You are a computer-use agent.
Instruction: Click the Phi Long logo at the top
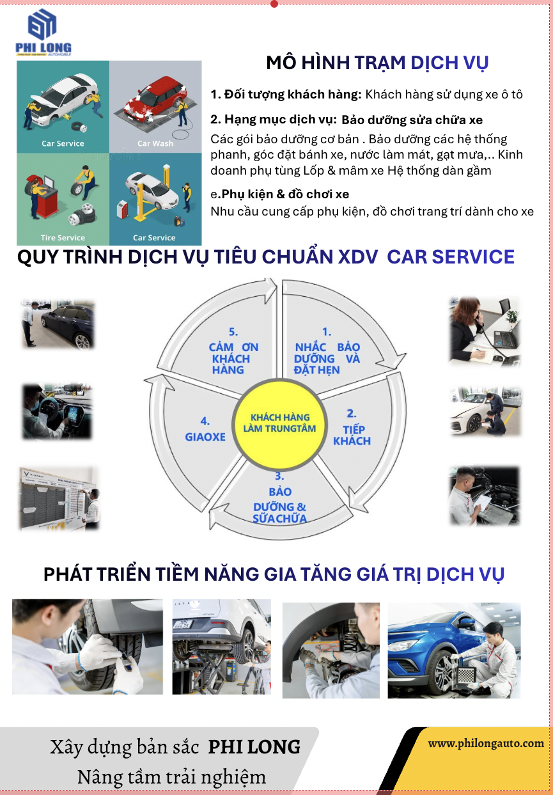43,32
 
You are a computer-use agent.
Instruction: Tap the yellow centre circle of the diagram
279,424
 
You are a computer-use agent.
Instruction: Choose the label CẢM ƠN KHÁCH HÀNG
233,351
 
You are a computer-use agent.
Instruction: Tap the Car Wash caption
155,143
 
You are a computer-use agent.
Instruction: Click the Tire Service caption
63,237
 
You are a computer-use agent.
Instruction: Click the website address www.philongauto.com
486,743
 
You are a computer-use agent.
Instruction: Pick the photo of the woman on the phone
484,331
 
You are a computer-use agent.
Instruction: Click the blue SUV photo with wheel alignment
454,650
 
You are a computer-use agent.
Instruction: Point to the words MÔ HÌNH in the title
308,63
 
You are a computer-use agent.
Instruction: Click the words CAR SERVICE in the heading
451,256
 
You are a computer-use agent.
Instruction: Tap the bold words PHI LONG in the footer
254,747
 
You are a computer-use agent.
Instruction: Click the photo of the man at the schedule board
59,499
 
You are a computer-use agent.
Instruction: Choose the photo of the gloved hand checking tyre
87,647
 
